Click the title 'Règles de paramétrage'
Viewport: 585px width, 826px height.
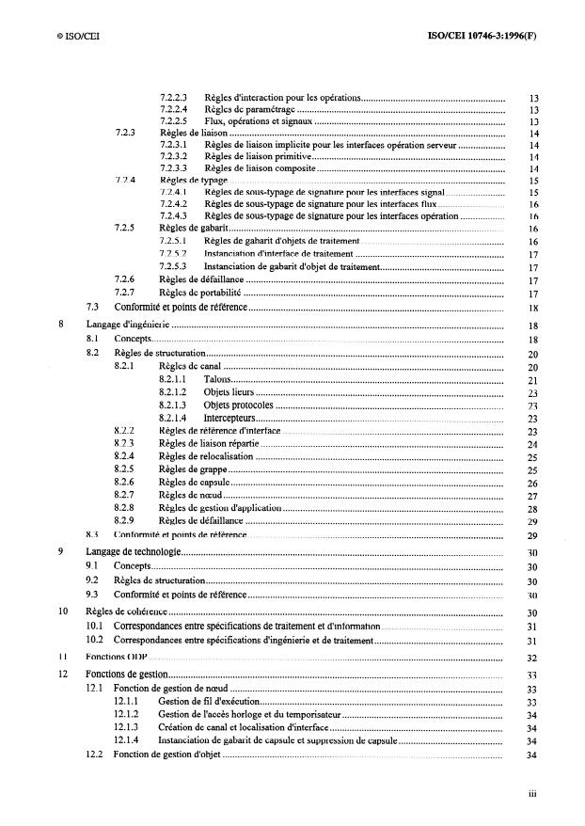tap(249, 109)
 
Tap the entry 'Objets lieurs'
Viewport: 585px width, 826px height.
tap(229, 391)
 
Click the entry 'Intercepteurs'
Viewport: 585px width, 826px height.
tap(230, 417)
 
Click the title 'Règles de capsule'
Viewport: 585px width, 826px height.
tap(199, 482)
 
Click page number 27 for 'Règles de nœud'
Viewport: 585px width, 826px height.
tap(532, 495)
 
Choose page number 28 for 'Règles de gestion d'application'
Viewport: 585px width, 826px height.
tap(532, 508)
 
